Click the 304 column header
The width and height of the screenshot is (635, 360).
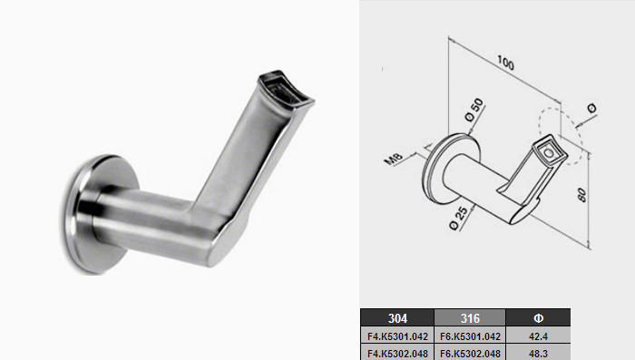point(397,318)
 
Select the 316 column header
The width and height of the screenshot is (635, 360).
point(470,318)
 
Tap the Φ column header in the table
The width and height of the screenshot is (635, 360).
point(538,318)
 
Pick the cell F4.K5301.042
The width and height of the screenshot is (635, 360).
point(397,336)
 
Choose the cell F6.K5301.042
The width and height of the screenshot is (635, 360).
point(470,336)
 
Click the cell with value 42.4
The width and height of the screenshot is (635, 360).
point(538,336)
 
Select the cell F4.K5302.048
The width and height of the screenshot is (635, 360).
point(397,353)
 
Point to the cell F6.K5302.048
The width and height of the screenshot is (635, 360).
point(470,353)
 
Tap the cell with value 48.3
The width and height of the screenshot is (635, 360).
point(538,353)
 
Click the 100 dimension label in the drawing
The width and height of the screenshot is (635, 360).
point(505,63)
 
